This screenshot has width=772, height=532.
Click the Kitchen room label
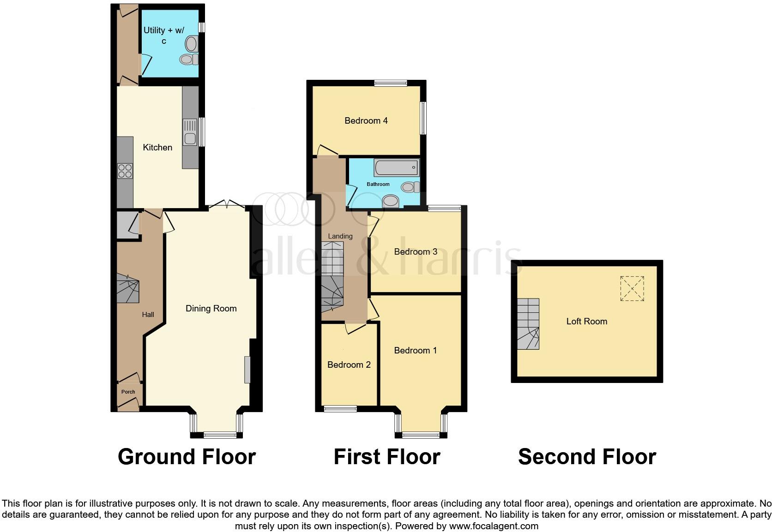[x=157, y=148]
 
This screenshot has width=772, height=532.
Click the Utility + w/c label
[x=164, y=36]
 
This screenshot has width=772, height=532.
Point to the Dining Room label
[x=211, y=309]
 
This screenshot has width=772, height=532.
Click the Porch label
[x=128, y=392]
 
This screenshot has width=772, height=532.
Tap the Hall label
[x=148, y=315]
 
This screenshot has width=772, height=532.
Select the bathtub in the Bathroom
[x=397, y=167]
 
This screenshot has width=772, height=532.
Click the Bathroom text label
[x=378, y=184]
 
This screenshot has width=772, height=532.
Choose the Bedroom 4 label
[x=366, y=121]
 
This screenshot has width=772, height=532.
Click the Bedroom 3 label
[x=416, y=252]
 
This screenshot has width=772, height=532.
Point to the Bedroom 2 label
[x=349, y=365]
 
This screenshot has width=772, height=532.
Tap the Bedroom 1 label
[x=416, y=351]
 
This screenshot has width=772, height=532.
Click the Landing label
[x=340, y=236]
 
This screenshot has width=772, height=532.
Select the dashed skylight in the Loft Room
[x=632, y=288]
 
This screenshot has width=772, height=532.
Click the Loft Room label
[x=587, y=322]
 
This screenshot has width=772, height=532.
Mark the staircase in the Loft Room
[x=528, y=324]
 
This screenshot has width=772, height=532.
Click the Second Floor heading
[x=587, y=457]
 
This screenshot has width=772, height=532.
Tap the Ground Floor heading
[x=187, y=457]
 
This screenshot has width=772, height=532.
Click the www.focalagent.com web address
[x=494, y=526]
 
